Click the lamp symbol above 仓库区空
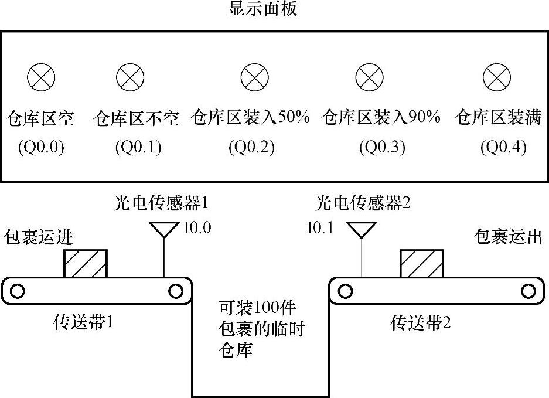(x=41, y=77)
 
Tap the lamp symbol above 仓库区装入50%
(x=255, y=77)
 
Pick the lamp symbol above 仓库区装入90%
(x=370, y=77)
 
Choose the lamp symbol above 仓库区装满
(x=497, y=77)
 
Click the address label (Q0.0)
(x=41, y=147)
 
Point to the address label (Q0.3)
(x=382, y=147)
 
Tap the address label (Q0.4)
(x=503, y=147)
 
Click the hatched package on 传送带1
(x=86, y=264)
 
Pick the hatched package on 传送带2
(x=421, y=264)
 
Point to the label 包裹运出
(x=507, y=237)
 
